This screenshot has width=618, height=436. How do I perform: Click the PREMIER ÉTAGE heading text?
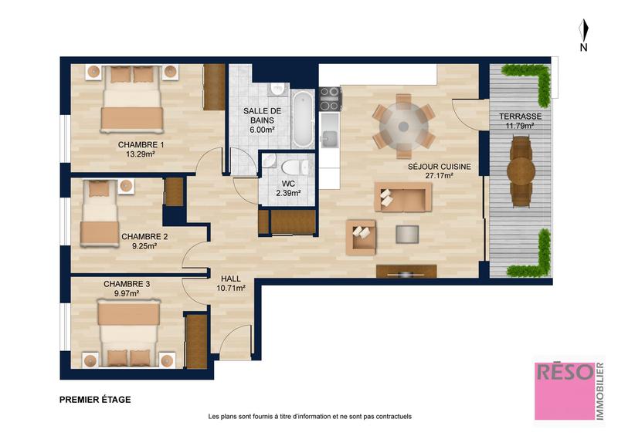point(95,400)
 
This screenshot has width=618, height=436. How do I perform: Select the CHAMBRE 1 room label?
point(141,144)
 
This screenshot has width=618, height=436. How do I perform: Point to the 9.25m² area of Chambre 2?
point(144,247)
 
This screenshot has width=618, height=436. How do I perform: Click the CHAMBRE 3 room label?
point(127,283)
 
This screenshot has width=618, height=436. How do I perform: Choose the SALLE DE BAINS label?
point(262,116)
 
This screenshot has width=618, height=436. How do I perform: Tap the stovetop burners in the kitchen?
point(330,99)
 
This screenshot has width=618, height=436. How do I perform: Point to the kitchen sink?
point(330,138)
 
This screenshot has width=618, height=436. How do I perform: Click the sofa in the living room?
point(402,197)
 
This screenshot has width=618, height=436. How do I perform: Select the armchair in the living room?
point(361,237)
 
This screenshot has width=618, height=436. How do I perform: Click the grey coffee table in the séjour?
point(406,234)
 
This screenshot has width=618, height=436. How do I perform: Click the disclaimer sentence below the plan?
point(310,417)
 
